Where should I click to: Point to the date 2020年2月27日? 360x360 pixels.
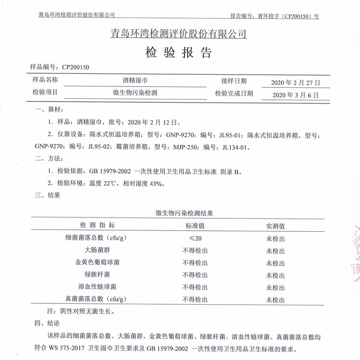(296, 83)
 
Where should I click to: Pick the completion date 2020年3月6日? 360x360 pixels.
(296, 95)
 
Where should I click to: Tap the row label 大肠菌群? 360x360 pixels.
(97, 250)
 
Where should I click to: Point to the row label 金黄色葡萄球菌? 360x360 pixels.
(97, 263)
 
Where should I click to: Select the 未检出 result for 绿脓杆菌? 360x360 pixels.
(276, 275)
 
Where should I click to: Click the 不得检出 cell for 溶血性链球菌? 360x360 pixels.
(195, 287)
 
